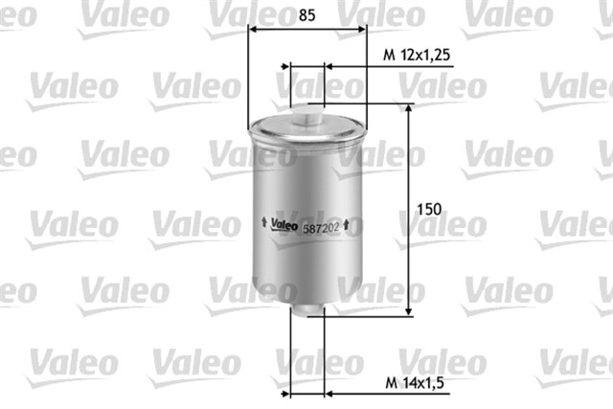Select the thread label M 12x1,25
[x=417, y=56]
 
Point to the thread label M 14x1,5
[x=414, y=383]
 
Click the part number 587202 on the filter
[x=321, y=227]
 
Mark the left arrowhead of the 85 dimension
[x=252, y=29]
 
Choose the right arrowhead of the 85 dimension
[x=362, y=29]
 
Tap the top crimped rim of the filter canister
[x=306, y=125]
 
